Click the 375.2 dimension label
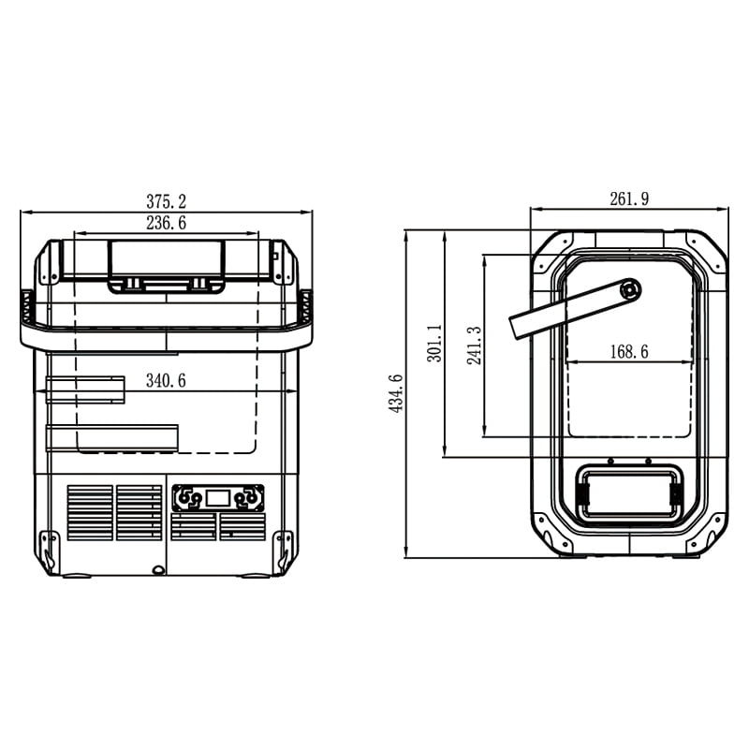point(166,201)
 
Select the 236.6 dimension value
point(166,223)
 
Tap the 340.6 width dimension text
point(166,381)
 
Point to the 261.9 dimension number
point(629,198)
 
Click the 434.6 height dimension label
point(396,393)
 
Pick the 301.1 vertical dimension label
point(434,343)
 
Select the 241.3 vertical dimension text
point(474,345)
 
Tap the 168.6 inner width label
point(629,352)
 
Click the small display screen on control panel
point(218,498)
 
